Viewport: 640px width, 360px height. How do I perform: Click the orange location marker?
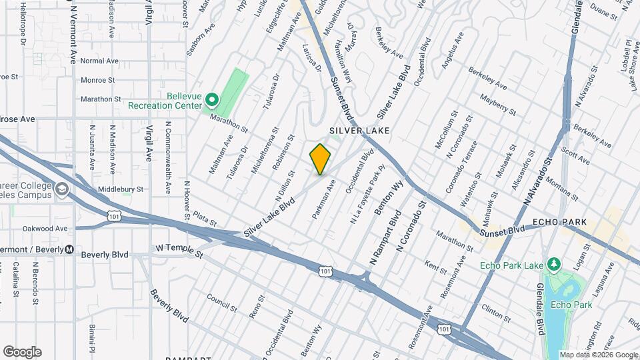click(320, 159)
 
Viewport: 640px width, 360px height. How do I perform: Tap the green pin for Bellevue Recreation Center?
click(212, 101)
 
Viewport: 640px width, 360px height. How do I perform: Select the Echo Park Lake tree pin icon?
click(553, 265)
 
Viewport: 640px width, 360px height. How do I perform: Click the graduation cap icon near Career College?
click(61, 190)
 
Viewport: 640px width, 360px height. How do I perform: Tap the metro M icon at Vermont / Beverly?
click(69, 249)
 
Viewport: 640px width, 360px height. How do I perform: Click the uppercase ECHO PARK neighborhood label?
click(559, 222)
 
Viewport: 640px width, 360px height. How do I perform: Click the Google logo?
click(22, 352)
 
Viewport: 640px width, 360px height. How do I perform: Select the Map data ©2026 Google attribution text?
click(598, 355)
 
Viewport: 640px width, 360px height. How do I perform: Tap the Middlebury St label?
click(121, 189)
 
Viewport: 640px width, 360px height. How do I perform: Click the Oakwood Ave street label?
click(45, 228)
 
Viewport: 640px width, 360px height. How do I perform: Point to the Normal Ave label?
click(99, 61)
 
